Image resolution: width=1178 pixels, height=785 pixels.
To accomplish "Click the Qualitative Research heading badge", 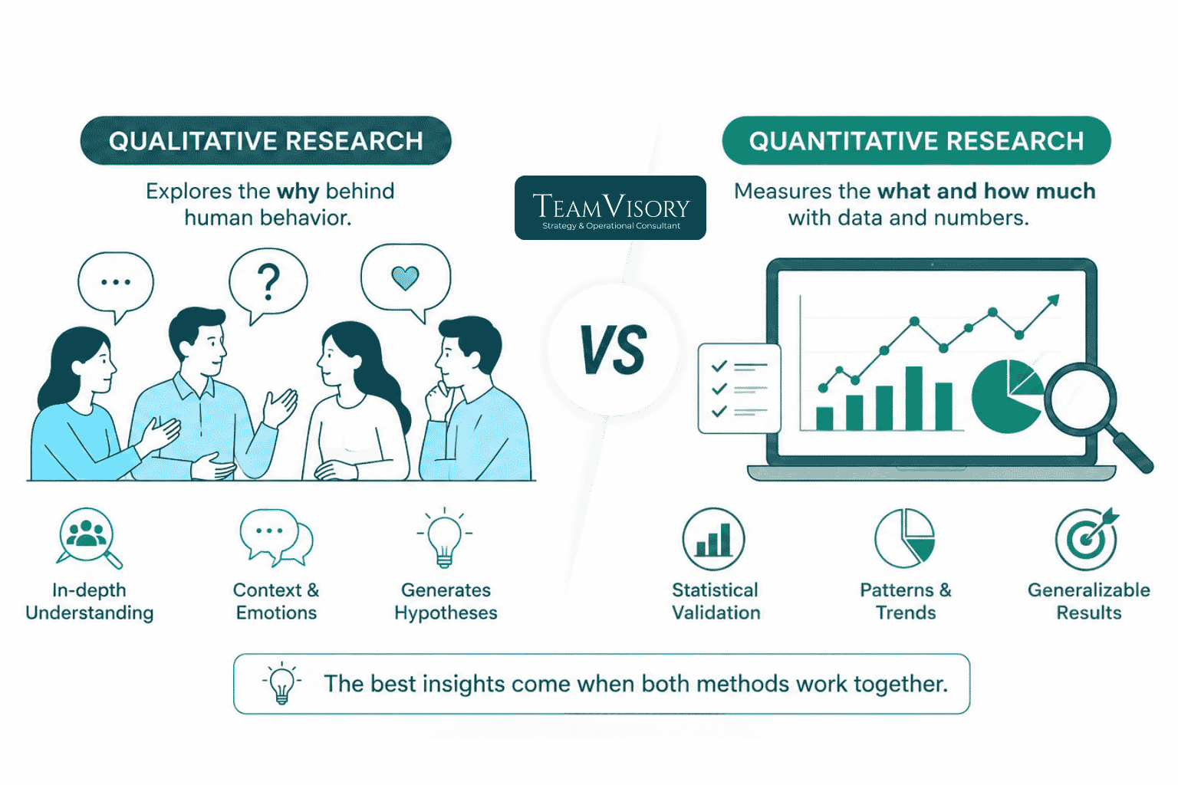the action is pyautogui.click(x=265, y=140).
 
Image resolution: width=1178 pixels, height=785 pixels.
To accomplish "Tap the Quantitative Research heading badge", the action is pyautogui.click(x=916, y=140).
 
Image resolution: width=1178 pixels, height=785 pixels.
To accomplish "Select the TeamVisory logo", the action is pyautogui.click(x=610, y=208).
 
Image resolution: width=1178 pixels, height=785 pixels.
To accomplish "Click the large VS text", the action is pyautogui.click(x=614, y=350).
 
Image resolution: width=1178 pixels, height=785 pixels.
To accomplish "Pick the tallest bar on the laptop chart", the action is pyautogui.click(x=914, y=398).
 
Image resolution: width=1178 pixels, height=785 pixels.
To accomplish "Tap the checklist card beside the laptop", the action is pyautogui.click(x=739, y=388).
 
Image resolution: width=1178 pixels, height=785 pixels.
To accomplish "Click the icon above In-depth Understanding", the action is pyautogui.click(x=88, y=537).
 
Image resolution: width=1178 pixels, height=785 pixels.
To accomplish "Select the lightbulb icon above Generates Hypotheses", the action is pyautogui.click(x=444, y=537).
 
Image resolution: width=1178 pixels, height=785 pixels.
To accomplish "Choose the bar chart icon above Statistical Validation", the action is pyautogui.click(x=714, y=539).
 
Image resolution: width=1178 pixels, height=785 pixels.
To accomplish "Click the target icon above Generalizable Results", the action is pyautogui.click(x=1087, y=539).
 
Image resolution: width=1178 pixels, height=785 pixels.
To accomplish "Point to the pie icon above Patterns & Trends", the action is pyautogui.click(x=904, y=538).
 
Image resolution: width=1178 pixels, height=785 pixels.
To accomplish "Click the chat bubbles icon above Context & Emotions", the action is pyautogui.click(x=276, y=537).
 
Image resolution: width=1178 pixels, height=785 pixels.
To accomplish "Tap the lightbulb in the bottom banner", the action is pyautogui.click(x=282, y=683).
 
